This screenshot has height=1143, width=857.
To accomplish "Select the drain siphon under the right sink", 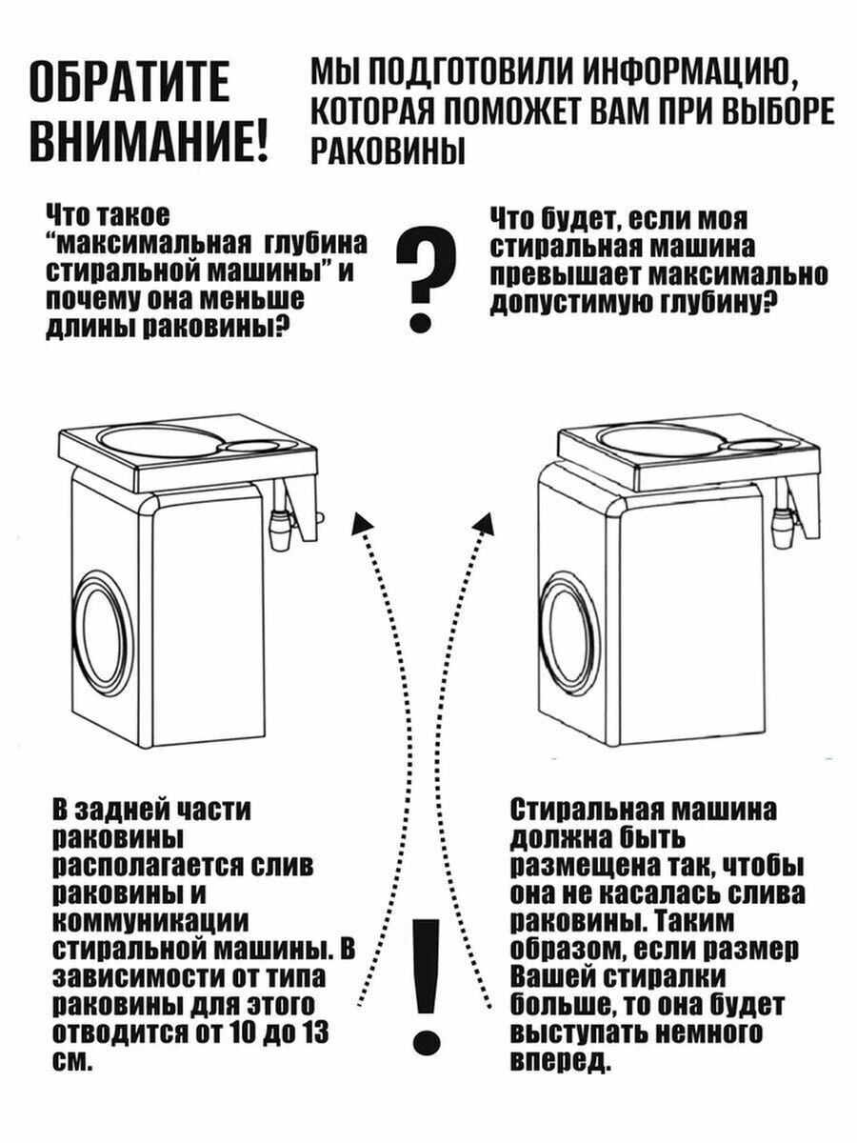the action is tap(784, 524).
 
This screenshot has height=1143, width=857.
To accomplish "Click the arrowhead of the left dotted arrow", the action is tap(363, 520).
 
